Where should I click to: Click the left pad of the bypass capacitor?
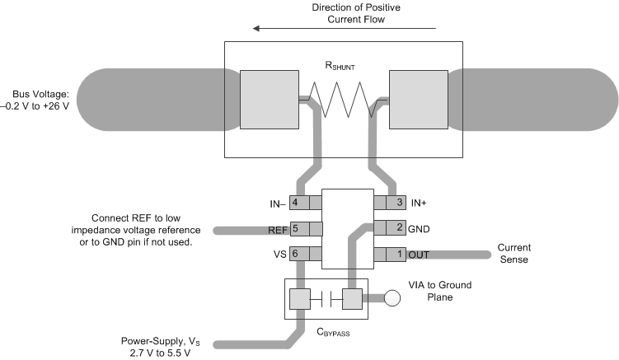coord(299,299)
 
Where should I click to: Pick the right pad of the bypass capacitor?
coord(353,299)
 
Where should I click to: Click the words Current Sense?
coord(513,254)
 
